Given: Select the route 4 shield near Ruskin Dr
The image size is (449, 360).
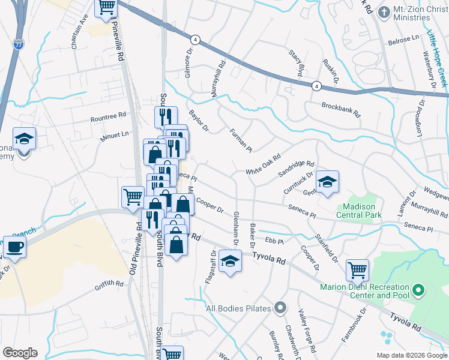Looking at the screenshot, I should (316, 86).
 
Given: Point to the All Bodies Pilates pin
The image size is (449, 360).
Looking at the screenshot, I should (280, 309).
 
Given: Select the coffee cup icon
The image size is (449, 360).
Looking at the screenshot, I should (15, 246).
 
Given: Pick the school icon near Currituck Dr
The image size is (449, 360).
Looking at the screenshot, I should (327, 182).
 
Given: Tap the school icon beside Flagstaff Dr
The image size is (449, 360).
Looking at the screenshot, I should (230, 261).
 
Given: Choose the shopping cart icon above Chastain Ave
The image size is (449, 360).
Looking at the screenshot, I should (106, 8).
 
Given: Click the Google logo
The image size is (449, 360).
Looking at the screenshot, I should (20, 353).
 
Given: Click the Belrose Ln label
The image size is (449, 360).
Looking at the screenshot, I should (404, 38).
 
